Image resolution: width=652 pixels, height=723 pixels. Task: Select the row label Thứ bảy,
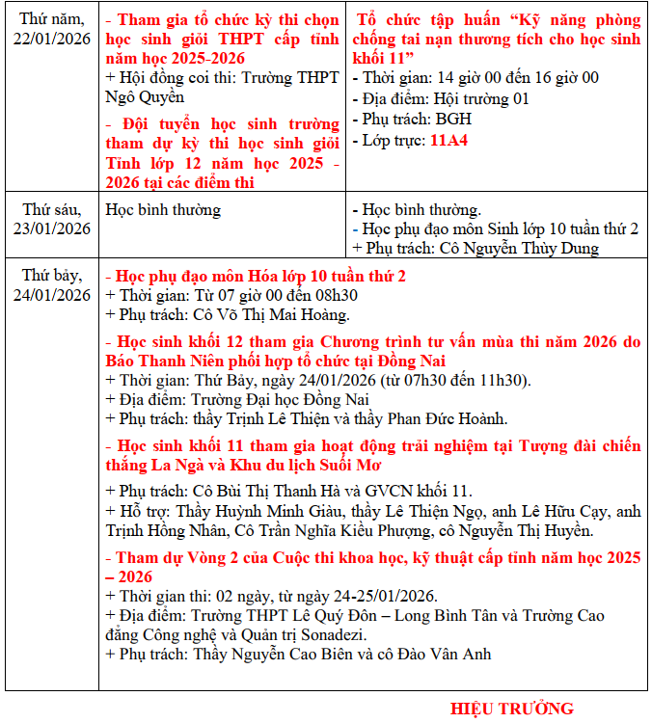click(53, 276)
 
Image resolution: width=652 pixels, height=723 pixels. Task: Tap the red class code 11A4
click(448, 140)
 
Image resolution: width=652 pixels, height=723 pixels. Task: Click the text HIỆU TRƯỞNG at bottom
click(511, 709)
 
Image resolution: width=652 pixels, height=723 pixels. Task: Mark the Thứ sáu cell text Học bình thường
click(163, 209)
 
